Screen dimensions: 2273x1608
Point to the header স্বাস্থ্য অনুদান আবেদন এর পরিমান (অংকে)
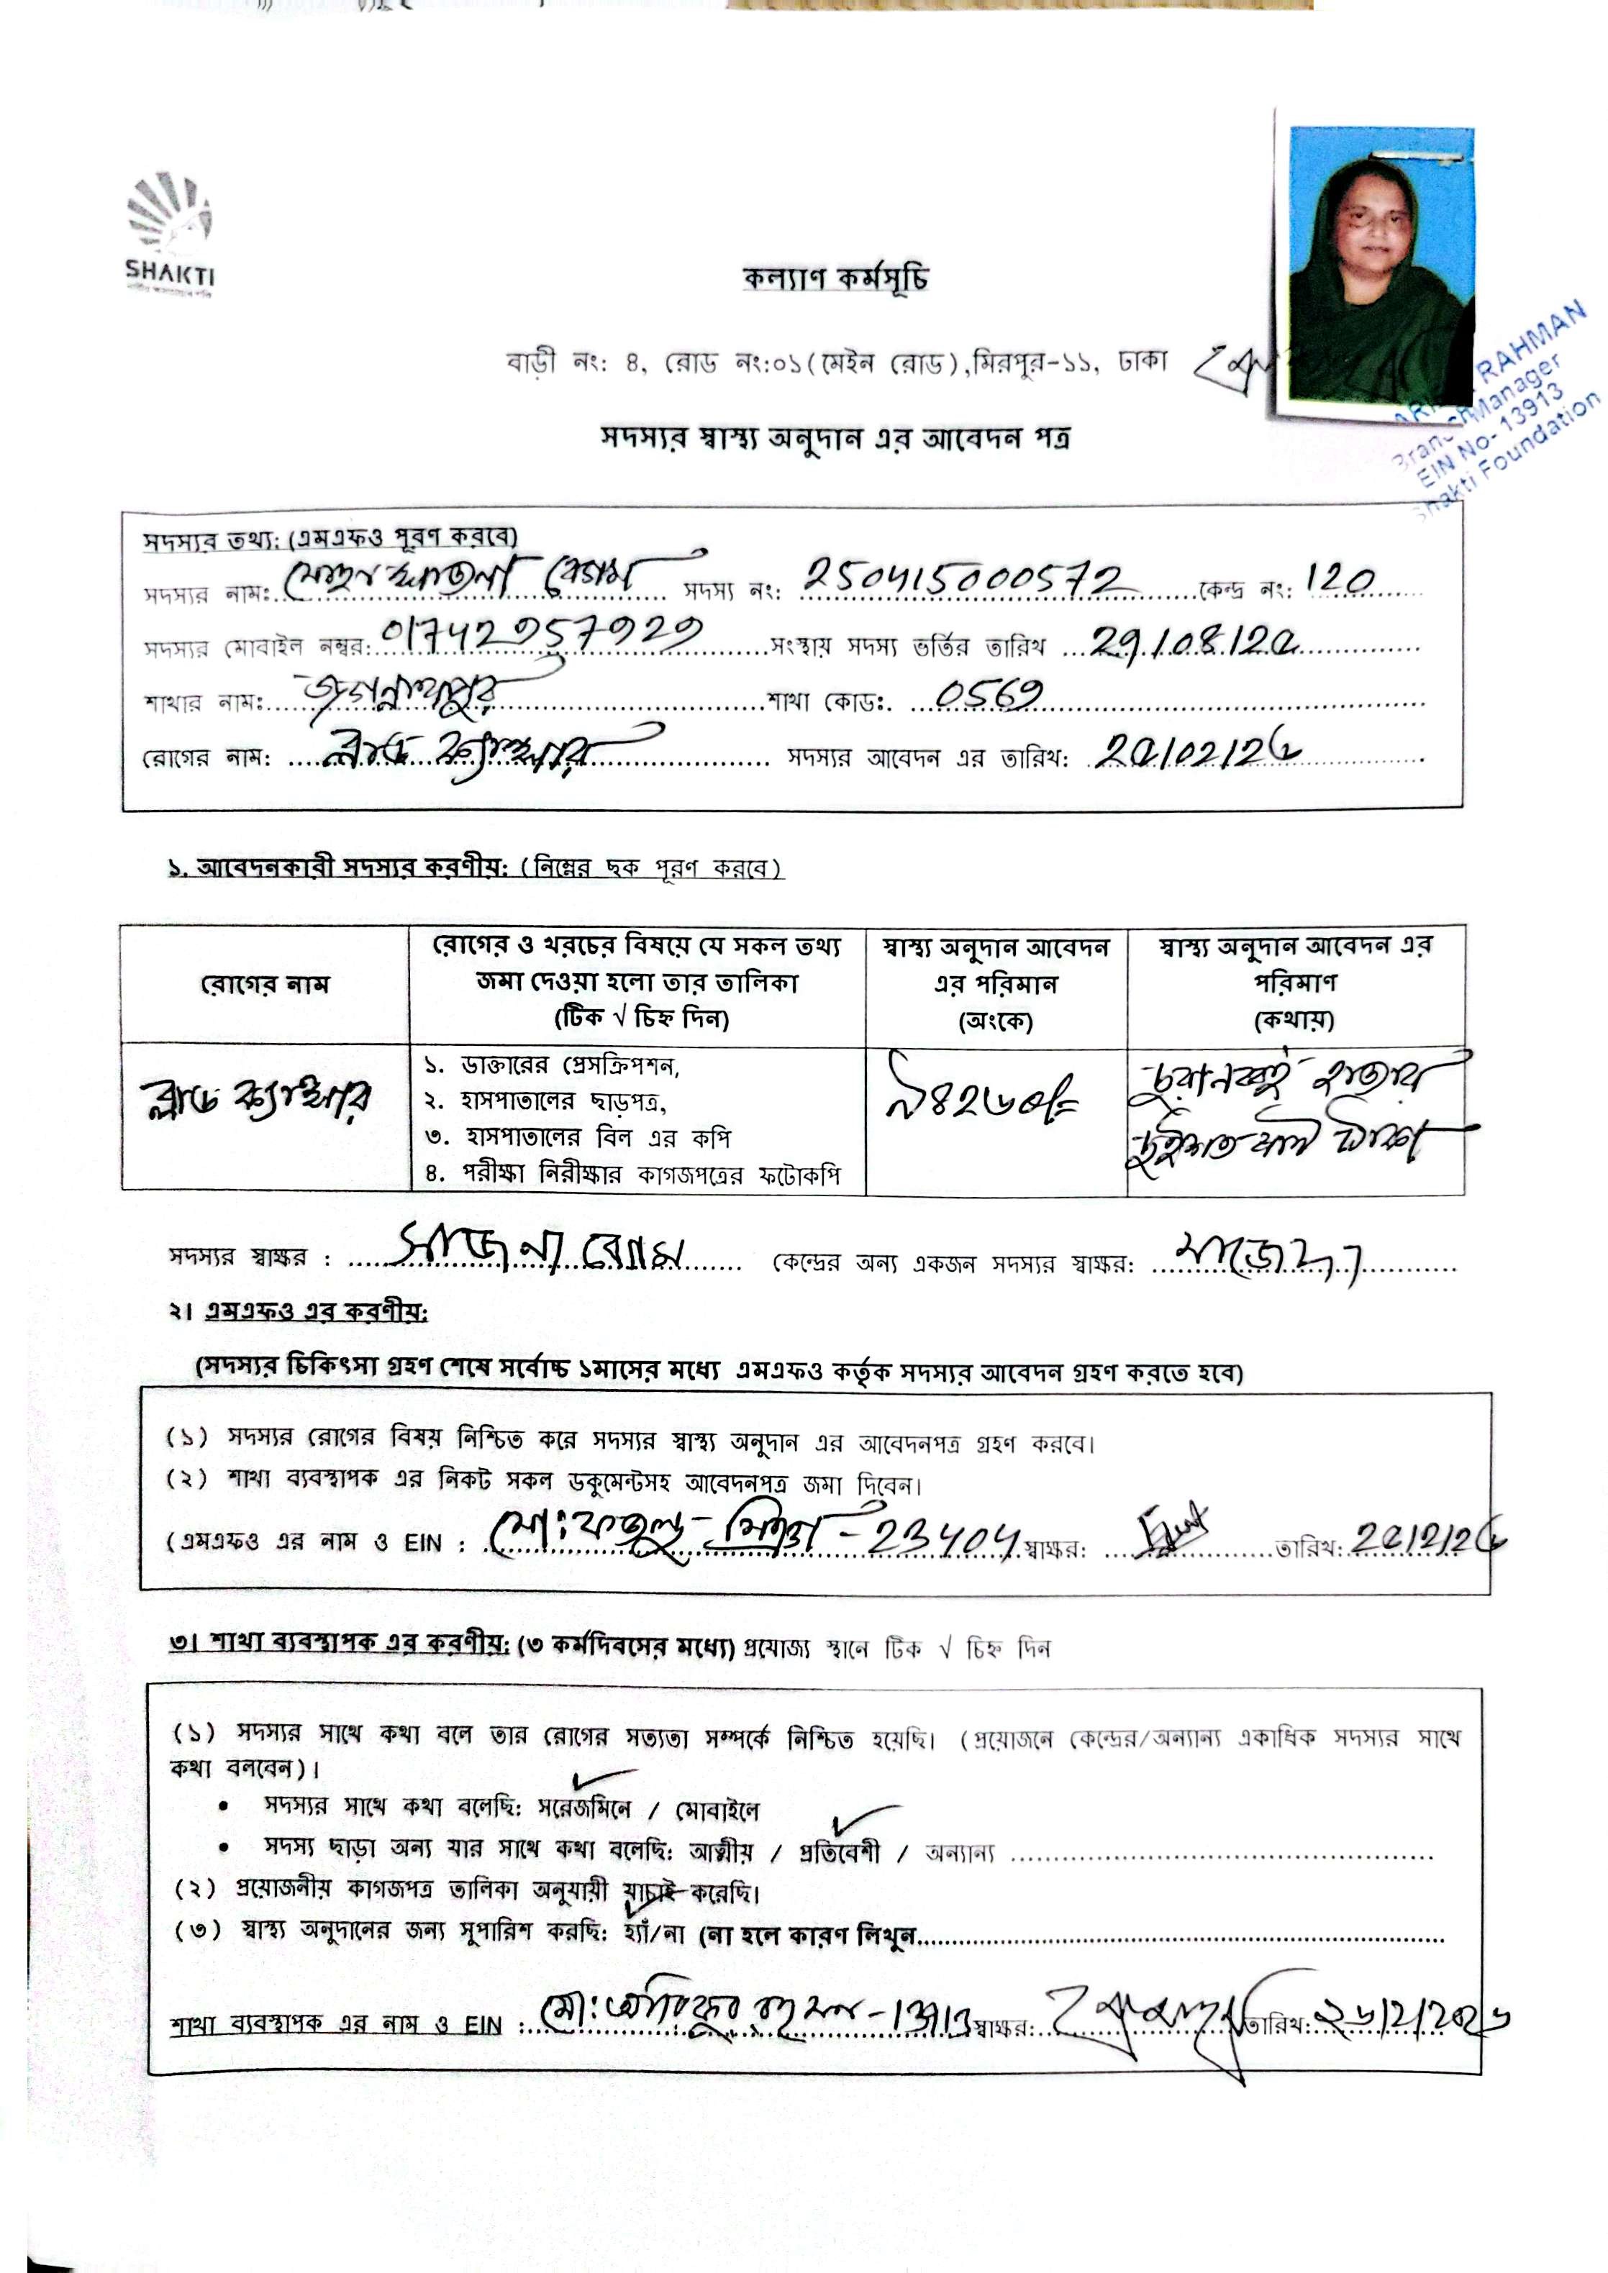995,984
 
